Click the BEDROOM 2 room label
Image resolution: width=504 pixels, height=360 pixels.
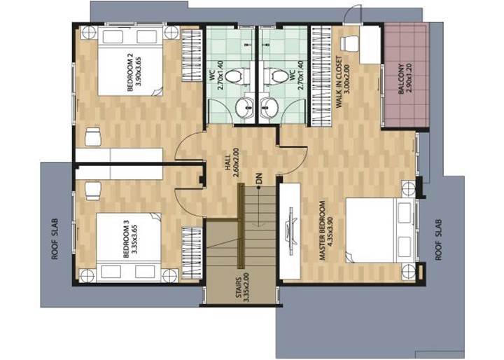[x=134, y=72]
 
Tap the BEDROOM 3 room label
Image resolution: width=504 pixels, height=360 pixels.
[x=130, y=238]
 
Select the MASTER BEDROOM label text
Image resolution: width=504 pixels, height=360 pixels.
[x=325, y=230]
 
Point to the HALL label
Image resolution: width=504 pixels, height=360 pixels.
[x=232, y=162]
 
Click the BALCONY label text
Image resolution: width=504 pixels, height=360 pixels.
[x=405, y=79]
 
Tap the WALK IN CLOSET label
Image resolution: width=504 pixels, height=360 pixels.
[x=342, y=82]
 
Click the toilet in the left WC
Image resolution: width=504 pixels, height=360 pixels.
[x=237, y=76]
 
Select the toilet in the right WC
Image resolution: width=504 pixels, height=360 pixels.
[x=276, y=76]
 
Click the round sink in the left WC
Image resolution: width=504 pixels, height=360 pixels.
[x=245, y=107]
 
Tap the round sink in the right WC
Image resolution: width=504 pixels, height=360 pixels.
[x=269, y=107]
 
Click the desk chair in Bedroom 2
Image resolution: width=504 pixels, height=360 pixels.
[x=93, y=137]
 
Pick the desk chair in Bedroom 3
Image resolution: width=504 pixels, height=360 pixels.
[x=94, y=191]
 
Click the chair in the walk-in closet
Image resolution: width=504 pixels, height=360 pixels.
[x=349, y=43]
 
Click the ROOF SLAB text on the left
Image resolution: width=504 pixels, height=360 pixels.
[x=55, y=240]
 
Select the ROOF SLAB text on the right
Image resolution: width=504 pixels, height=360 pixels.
[x=439, y=240]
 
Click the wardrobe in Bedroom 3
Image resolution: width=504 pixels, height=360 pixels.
[x=192, y=252]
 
